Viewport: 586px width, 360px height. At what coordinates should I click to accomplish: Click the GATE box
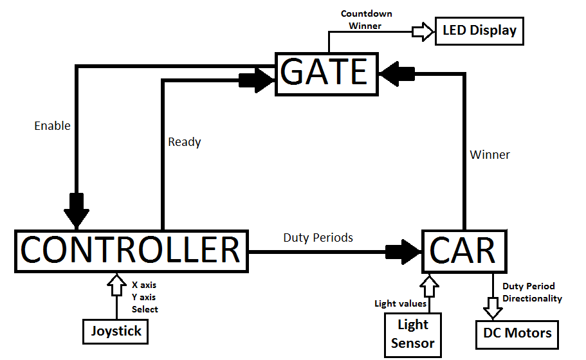pos(325,73)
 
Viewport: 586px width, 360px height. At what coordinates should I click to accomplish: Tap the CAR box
pos(464,250)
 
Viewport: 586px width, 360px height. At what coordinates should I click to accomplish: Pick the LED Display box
pos(479,31)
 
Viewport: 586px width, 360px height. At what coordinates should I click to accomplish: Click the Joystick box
pos(116,332)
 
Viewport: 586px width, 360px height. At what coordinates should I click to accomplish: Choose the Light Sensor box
pos(412,334)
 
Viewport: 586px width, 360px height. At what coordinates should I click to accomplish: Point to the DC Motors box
pos(517,333)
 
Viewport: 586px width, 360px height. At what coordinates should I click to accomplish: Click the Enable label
pos(53,126)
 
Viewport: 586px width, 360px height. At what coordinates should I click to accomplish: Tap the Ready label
pos(185,142)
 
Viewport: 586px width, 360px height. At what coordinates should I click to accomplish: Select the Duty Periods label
pos(318,238)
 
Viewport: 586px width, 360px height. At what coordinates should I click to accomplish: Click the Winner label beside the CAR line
pos(490,155)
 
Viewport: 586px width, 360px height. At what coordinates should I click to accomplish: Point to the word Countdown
pos(367,14)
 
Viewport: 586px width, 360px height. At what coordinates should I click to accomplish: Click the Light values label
pos(401,303)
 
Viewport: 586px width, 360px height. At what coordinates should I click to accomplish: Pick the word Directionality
pos(533,298)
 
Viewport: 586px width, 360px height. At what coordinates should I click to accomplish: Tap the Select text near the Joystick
pos(145,309)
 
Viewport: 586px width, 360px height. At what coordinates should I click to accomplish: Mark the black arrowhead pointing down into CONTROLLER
pos(77,210)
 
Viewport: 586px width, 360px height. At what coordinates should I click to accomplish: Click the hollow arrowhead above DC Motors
pos(493,309)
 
